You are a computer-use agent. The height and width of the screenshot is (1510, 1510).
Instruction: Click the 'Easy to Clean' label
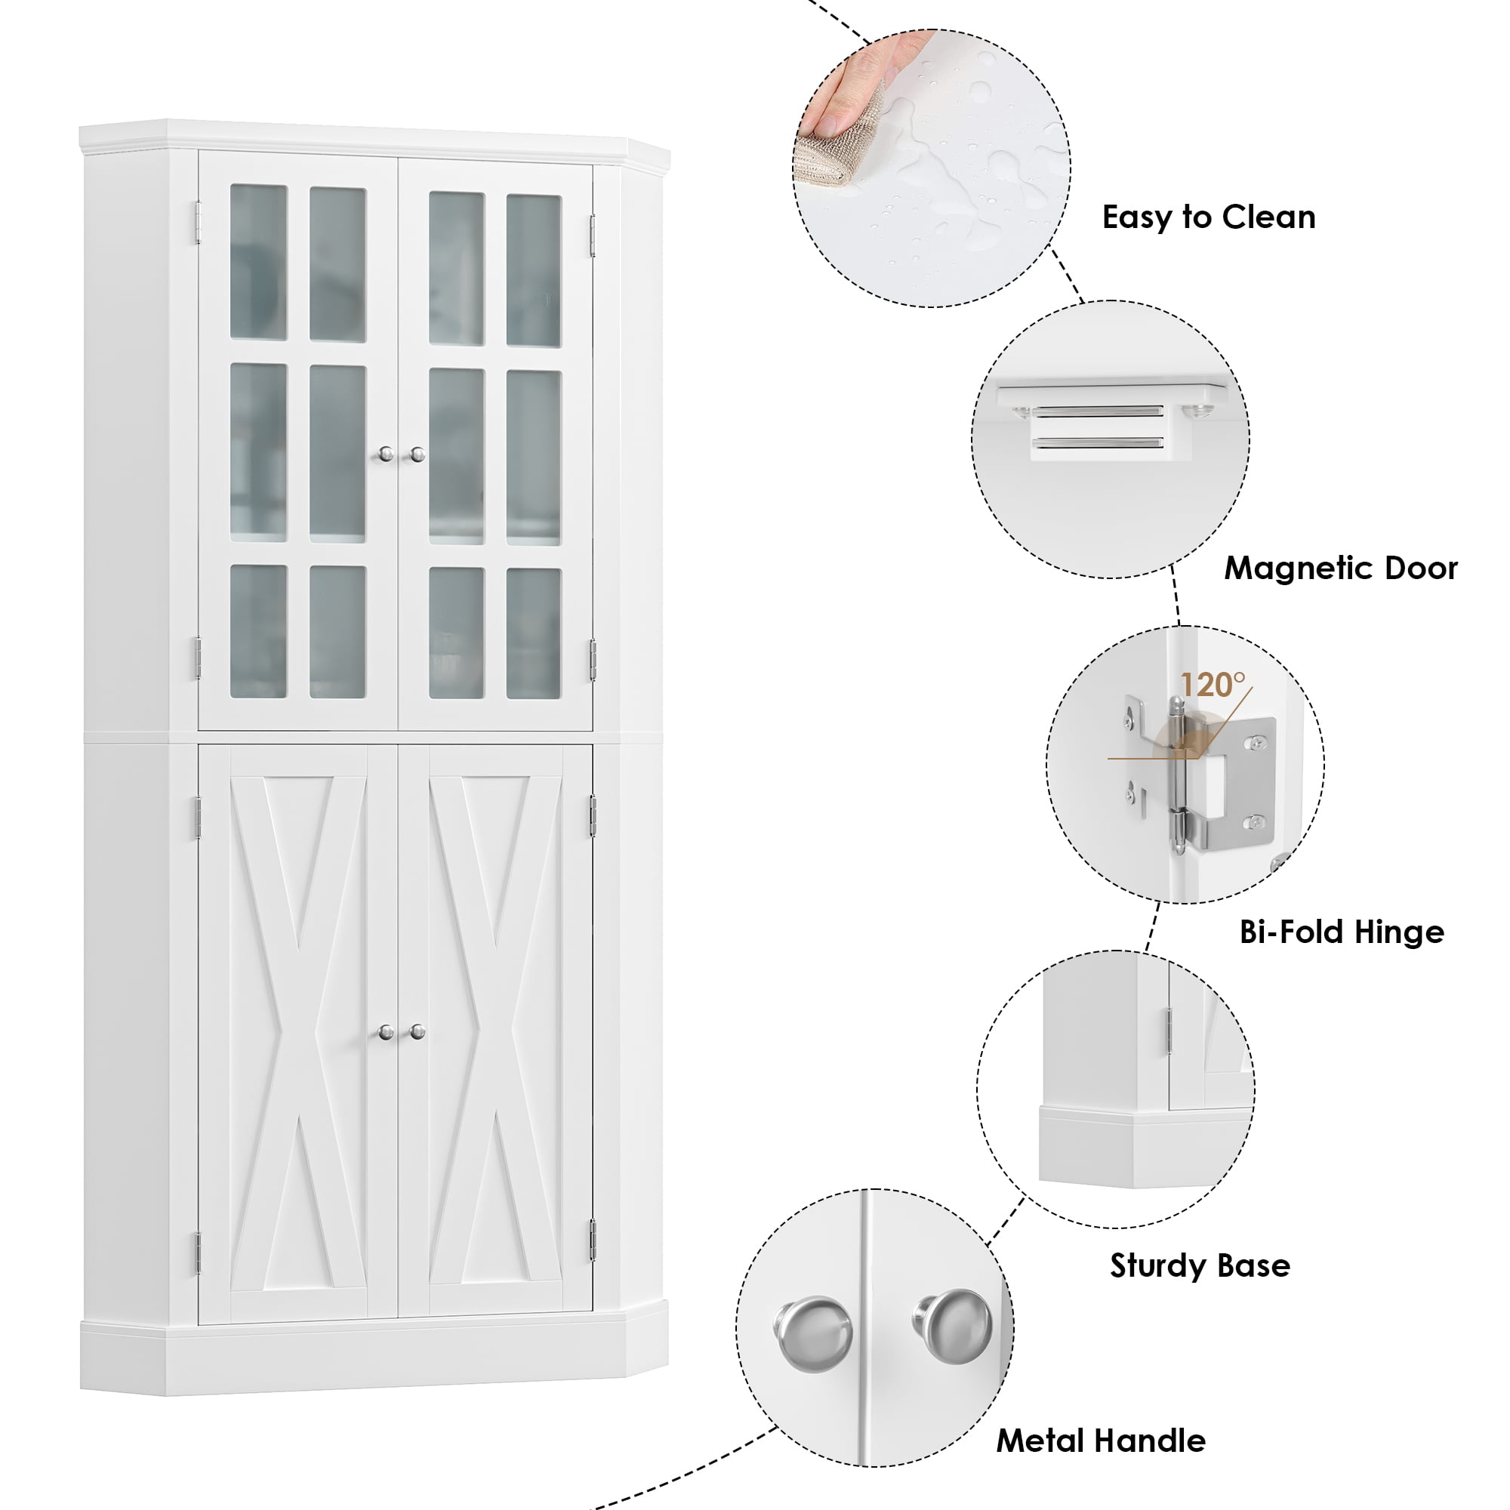tap(1208, 217)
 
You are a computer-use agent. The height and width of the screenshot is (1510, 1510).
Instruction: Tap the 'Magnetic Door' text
tap(1340, 569)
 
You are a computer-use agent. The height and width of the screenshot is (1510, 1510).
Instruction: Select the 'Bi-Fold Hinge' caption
tap(1341, 932)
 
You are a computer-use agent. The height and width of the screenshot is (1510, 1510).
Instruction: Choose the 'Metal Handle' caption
tap(1101, 1441)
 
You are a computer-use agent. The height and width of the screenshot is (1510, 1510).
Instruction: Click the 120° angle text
tap(1213, 686)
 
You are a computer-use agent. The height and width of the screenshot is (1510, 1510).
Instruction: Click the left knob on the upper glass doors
tap(384, 454)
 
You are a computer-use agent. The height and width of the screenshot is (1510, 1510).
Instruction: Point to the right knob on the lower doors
tap(418, 1031)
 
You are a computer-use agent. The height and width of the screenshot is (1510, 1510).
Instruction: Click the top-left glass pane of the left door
tap(258, 262)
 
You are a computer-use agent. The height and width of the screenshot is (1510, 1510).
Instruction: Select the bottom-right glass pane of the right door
tap(534, 634)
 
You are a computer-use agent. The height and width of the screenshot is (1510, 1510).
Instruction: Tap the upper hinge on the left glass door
tap(198, 220)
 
